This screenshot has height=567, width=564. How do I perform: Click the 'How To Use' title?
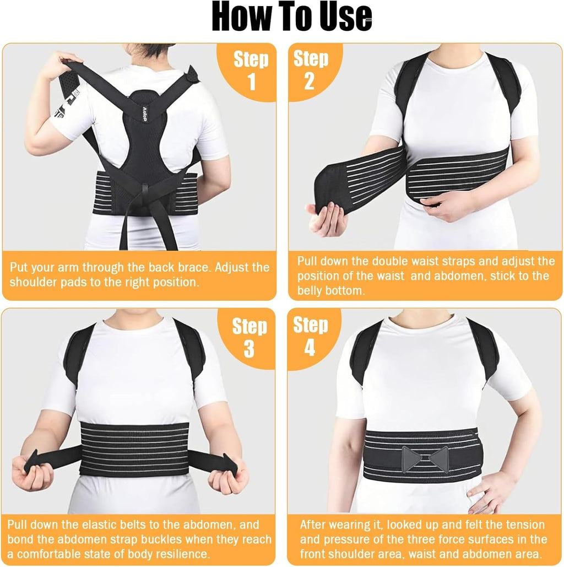point(292,17)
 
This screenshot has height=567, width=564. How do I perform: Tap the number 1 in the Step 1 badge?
point(252,81)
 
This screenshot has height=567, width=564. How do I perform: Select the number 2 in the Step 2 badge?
point(309,81)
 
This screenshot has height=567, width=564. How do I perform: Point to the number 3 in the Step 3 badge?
point(250,349)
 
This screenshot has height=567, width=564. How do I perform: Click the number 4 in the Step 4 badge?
point(310,349)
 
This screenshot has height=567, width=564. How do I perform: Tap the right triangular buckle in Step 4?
point(439,458)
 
